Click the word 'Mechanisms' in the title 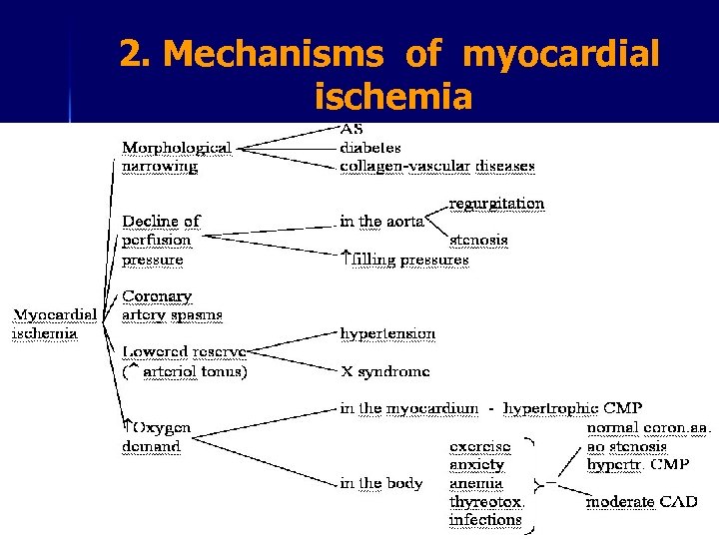click(x=276, y=55)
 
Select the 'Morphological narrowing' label click(x=177, y=157)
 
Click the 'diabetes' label click(x=370, y=147)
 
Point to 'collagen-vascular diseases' click(x=437, y=166)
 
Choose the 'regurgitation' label click(x=496, y=204)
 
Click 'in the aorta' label click(x=381, y=222)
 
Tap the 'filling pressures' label click(x=409, y=260)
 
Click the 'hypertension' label click(x=387, y=333)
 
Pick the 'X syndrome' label click(x=384, y=370)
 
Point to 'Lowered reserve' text click(x=184, y=352)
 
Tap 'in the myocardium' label click(x=411, y=408)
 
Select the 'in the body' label click(x=380, y=483)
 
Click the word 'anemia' click(x=476, y=483)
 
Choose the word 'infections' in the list click(x=485, y=520)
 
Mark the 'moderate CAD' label click(x=641, y=501)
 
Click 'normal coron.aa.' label click(x=648, y=428)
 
